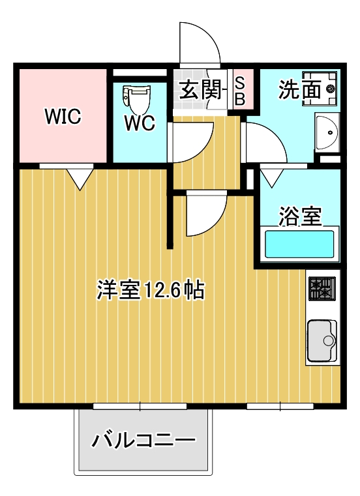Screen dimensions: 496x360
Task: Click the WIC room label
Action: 63,117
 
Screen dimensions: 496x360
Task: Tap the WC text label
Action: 140,123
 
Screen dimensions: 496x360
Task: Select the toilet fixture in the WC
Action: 137,98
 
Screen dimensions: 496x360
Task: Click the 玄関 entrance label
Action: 198,90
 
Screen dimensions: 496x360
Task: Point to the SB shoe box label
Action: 239,91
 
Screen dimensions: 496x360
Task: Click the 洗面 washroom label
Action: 299,90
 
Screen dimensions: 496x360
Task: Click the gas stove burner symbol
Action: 321,289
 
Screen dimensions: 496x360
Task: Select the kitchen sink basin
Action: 321,340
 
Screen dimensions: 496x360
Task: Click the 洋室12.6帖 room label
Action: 150,289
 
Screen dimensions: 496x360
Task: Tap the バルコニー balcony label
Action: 143,441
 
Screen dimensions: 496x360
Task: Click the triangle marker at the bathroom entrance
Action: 270,177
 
